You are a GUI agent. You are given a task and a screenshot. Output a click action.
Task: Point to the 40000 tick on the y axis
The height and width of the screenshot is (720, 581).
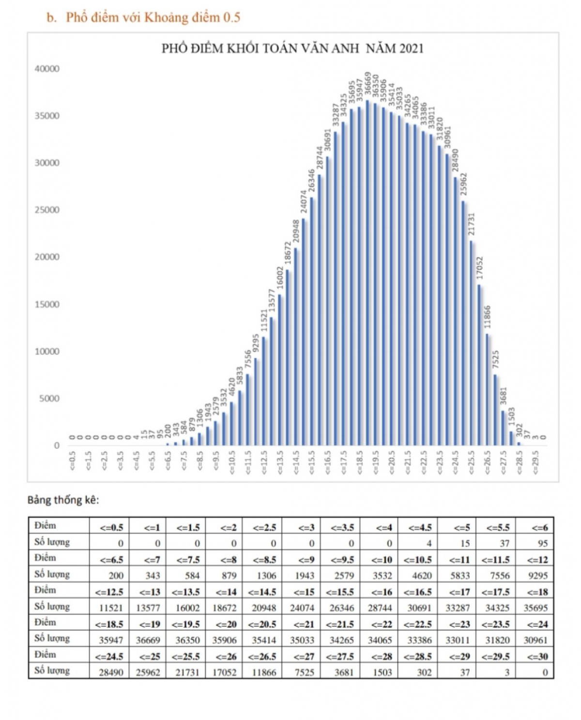click(47, 69)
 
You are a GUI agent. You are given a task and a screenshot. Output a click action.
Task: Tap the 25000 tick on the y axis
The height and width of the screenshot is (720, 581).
click(47, 210)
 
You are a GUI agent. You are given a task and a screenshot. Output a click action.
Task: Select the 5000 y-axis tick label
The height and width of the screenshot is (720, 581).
click(49, 398)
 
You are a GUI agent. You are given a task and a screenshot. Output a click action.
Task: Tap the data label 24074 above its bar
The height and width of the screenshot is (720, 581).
click(304, 202)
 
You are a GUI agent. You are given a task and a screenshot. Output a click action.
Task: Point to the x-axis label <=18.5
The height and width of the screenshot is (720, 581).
click(360, 463)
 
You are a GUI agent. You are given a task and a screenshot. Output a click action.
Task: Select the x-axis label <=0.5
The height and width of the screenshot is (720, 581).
click(73, 460)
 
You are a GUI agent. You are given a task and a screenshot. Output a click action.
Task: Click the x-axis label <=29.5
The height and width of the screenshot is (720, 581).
click(535, 463)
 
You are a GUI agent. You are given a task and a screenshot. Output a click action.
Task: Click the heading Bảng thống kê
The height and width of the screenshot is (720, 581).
click(63, 500)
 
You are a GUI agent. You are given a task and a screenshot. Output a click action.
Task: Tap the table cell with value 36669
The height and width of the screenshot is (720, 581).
click(148, 640)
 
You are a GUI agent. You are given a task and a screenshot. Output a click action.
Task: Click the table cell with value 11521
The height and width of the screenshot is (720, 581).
click(111, 608)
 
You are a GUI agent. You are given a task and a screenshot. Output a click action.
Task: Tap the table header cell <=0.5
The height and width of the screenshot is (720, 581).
click(111, 527)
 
